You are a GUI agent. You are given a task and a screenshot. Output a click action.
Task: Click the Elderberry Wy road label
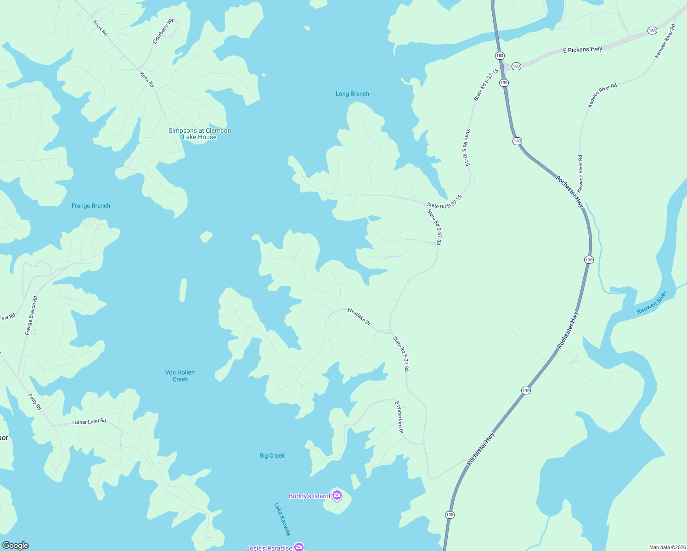(163, 32)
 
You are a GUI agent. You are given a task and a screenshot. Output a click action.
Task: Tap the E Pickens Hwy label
(582, 50)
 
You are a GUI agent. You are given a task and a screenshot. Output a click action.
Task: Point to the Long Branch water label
(352, 94)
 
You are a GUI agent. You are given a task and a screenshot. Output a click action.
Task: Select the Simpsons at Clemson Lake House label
(200, 134)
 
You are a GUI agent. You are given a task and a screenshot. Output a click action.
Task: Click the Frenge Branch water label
(91, 206)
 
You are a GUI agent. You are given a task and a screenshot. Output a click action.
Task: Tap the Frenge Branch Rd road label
(31, 315)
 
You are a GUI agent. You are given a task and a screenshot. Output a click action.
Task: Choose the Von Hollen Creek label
(180, 376)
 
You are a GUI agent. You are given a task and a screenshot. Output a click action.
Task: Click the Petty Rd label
(35, 401)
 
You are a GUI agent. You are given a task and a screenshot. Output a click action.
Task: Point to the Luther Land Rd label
(89, 422)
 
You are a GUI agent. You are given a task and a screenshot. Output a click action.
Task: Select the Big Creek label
(272, 455)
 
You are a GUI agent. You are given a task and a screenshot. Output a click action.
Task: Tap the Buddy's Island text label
(309, 496)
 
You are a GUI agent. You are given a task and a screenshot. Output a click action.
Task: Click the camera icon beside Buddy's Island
(337, 495)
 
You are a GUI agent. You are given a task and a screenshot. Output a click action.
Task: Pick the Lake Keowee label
(282, 519)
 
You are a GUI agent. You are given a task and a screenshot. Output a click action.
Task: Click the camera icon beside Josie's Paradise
(299, 546)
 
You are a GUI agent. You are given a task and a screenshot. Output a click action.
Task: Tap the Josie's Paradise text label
(269, 548)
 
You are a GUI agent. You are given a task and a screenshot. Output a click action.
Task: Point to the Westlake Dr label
(359, 316)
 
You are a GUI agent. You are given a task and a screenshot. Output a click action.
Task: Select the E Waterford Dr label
(399, 417)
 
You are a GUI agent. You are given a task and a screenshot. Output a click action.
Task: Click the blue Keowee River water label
(652, 303)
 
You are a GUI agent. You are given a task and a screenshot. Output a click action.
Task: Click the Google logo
(16, 545)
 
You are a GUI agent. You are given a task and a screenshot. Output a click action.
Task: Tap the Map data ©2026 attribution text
(667, 547)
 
